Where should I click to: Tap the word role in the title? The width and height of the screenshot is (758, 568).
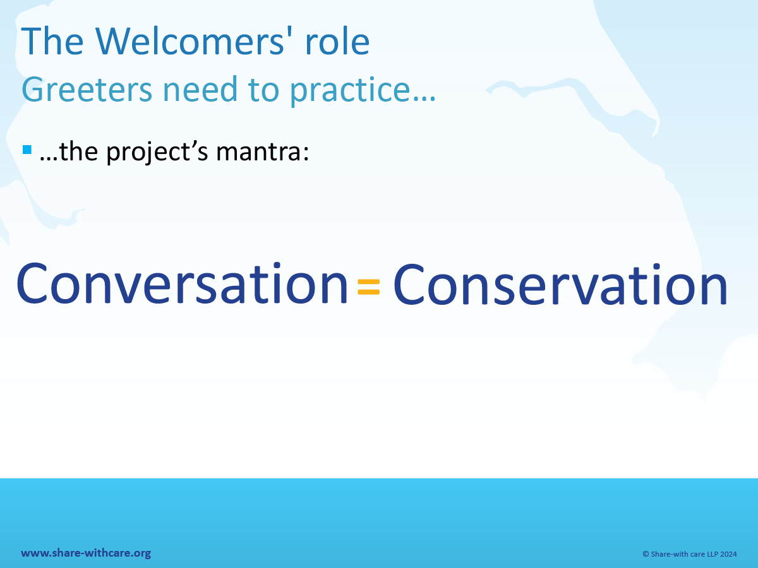337,42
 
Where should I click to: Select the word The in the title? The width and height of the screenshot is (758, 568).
52,42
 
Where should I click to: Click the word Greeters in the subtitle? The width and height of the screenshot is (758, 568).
87,90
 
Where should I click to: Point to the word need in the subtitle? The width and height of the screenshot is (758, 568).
200,88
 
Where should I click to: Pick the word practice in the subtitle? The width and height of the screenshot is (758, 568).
349,90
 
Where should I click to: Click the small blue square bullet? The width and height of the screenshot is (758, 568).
27,150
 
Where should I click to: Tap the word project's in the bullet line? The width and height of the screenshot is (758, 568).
157,152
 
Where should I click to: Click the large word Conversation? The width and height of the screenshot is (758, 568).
182,283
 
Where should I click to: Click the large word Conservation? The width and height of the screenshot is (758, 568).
560,283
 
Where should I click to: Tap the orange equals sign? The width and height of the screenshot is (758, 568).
369,287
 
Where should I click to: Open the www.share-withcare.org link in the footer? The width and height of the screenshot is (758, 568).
86,553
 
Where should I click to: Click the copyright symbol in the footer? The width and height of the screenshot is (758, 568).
646,554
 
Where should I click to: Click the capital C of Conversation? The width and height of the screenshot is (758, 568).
32,283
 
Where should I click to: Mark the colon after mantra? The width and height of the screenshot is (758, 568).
306,155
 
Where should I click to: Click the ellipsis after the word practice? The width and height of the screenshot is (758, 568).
423,98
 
